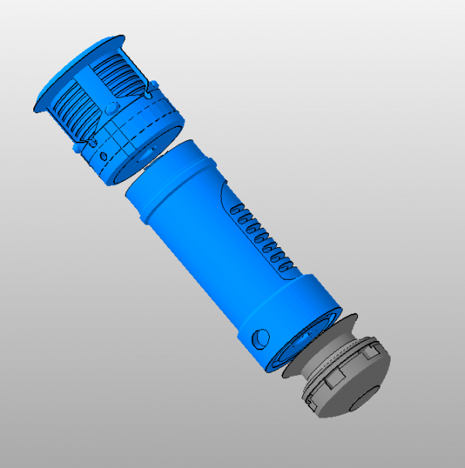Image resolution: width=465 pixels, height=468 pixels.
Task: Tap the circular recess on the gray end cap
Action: click(362, 398)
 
